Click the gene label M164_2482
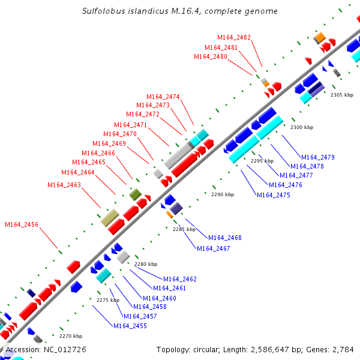point(234,37)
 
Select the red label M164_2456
point(22,224)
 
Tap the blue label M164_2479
point(318,157)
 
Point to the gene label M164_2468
point(225,238)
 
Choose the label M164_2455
point(130,326)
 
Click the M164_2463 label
point(64,185)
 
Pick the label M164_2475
point(274,195)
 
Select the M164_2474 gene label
point(163,97)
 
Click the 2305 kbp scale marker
point(342,95)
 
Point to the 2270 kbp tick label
point(70,336)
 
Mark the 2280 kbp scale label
point(146,264)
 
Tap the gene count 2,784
point(343,349)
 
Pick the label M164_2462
point(180,279)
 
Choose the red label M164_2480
point(211,56)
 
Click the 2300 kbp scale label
point(302,127)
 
